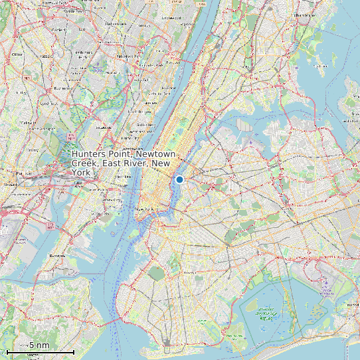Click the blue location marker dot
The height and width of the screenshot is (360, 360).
click(179, 179)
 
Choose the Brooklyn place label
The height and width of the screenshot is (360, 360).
click(193, 272)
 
